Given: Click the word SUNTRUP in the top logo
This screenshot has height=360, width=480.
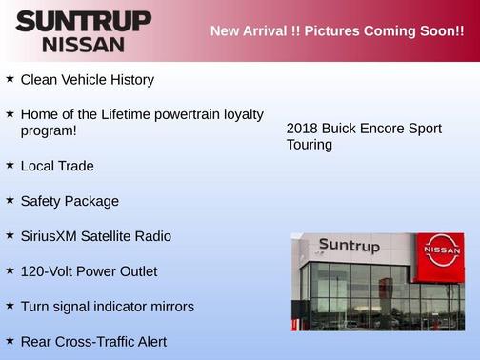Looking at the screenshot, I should (84, 21).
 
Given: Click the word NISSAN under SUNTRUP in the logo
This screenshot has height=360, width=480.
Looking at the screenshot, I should (84, 44).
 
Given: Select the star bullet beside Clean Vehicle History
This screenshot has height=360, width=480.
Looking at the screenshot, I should (10, 79).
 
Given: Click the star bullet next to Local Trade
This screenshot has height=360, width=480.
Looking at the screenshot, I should (10, 165).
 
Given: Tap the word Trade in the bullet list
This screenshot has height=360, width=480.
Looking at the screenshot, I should (76, 166).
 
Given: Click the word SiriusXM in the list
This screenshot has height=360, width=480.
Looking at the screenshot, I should (51, 235).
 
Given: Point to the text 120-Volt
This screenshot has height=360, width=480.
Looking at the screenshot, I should (48, 270).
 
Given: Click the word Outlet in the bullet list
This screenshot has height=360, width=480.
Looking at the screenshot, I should (135, 270).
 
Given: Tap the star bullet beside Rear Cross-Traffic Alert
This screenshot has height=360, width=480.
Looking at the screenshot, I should (10, 340).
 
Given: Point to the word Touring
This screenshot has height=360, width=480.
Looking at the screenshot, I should (310, 145).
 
